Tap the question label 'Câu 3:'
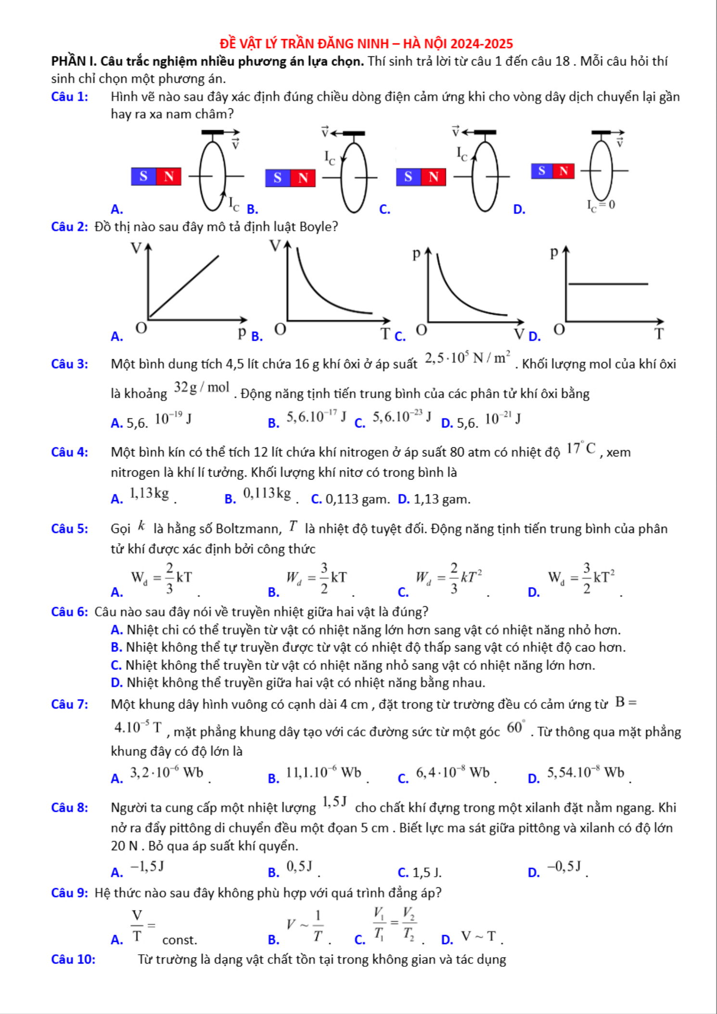pyautogui.click(x=69, y=364)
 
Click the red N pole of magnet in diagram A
pyautogui.click(x=168, y=177)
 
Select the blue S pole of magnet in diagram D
pyautogui.click(x=542, y=171)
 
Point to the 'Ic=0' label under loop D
pyautogui.click(x=601, y=205)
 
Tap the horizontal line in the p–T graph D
pyautogui.click(x=608, y=284)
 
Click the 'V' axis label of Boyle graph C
pyautogui.click(x=519, y=334)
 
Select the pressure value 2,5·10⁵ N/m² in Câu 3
pyautogui.click(x=467, y=358)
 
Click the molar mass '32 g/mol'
pyautogui.click(x=202, y=388)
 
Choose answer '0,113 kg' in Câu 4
pyautogui.click(x=267, y=494)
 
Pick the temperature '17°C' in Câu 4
pyautogui.click(x=581, y=449)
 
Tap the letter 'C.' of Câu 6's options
pyautogui.click(x=116, y=665)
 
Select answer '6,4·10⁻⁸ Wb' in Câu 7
pyautogui.click(x=452, y=773)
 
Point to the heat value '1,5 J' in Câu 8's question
pyautogui.click(x=334, y=802)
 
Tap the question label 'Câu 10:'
pyautogui.click(x=73, y=960)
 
